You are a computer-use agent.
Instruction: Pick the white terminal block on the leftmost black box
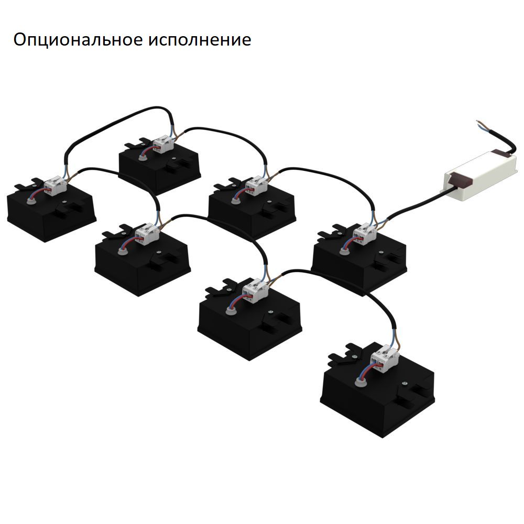pyautogui.click(x=54, y=184)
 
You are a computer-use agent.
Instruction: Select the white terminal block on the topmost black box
pyautogui.click(x=163, y=144)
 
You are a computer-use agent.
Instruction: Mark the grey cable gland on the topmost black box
pyautogui.click(x=143, y=155)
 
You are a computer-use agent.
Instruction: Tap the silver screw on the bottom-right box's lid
pyautogui.click(x=406, y=381)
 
